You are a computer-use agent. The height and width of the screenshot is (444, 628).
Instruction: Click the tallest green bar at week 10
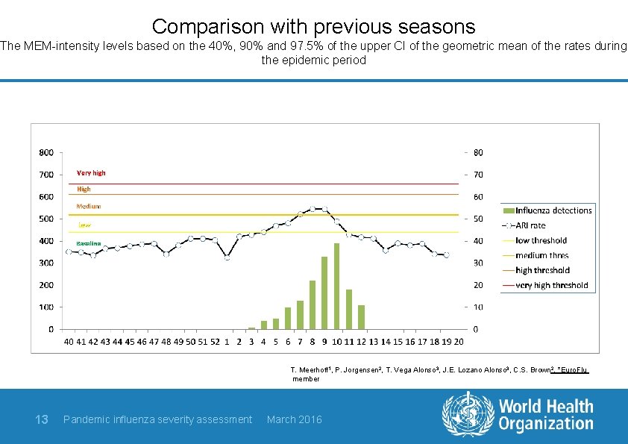tap(336, 286)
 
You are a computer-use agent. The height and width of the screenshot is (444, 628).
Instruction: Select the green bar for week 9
tap(324, 293)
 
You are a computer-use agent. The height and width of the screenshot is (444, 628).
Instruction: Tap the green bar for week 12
tap(361, 316)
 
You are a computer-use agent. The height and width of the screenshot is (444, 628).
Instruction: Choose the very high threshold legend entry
tap(551, 285)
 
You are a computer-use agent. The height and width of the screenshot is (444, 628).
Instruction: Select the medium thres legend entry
tap(541, 255)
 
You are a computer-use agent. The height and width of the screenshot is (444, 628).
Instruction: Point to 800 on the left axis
tap(45, 152)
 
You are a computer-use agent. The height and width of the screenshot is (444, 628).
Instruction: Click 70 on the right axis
tap(478, 175)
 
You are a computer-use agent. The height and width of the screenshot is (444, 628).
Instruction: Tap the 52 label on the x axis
tap(215, 342)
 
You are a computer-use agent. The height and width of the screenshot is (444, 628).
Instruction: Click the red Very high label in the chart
tap(91, 173)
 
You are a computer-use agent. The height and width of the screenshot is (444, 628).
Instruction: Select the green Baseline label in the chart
tap(88, 244)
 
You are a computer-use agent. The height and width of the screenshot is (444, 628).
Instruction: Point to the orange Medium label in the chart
tap(89, 206)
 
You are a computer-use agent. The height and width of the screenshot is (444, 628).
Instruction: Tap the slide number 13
tap(42, 419)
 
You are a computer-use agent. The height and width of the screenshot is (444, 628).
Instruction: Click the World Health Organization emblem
tap(468, 414)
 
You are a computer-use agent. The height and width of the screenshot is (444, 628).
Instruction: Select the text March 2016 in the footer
tap(294, 419)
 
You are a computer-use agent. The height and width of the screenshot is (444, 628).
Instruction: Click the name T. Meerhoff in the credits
tap(310, 369)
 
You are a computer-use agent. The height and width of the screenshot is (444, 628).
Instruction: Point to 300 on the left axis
tap(45, 263)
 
